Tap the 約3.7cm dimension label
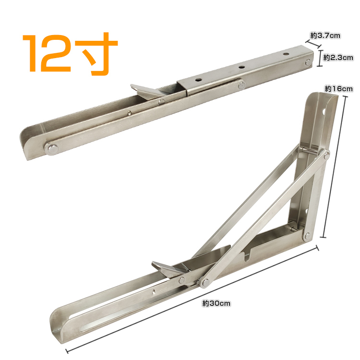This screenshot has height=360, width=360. click(x=325, y=36)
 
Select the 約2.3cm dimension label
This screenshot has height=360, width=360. click(x=338, y=58)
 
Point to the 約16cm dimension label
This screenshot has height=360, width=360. click(x=339, y=89)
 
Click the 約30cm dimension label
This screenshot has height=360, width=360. click(x=216, y=303)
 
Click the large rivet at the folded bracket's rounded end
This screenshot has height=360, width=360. click(x=53, y=149)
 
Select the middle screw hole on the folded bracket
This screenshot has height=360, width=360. click(x=241, y=67)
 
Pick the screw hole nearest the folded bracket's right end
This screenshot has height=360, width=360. click(x=286, y=54)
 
